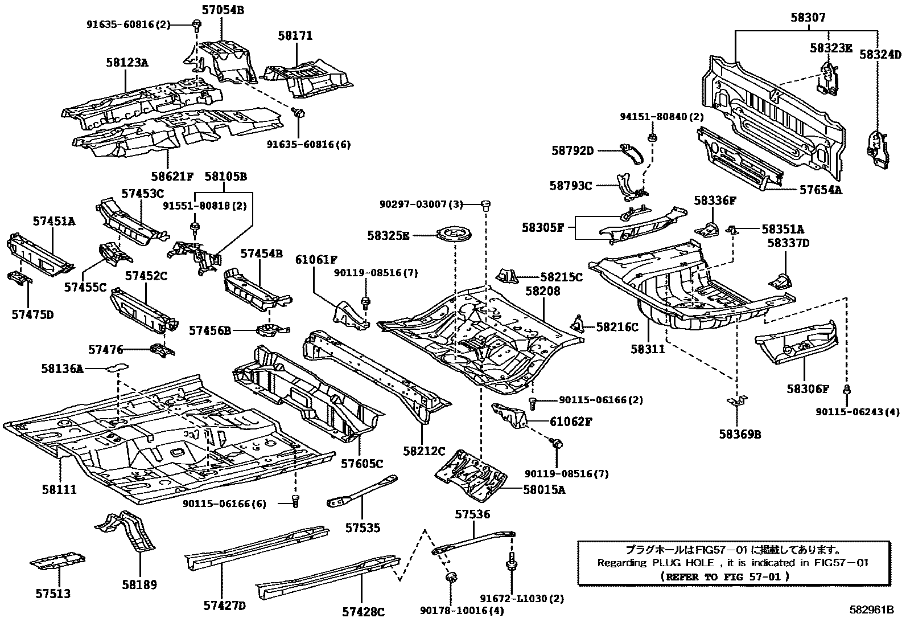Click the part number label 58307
[807, 18]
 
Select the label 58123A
[126, 63]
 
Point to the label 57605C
[362, 464]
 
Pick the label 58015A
[544, 489]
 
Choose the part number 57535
[363, 528]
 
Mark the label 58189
[139, 584]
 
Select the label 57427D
[224, 605]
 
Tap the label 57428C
[363, 612]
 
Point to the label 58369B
[739, 434]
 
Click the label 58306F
[808, 389]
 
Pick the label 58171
[295, 35]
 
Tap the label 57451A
[53, 221]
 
